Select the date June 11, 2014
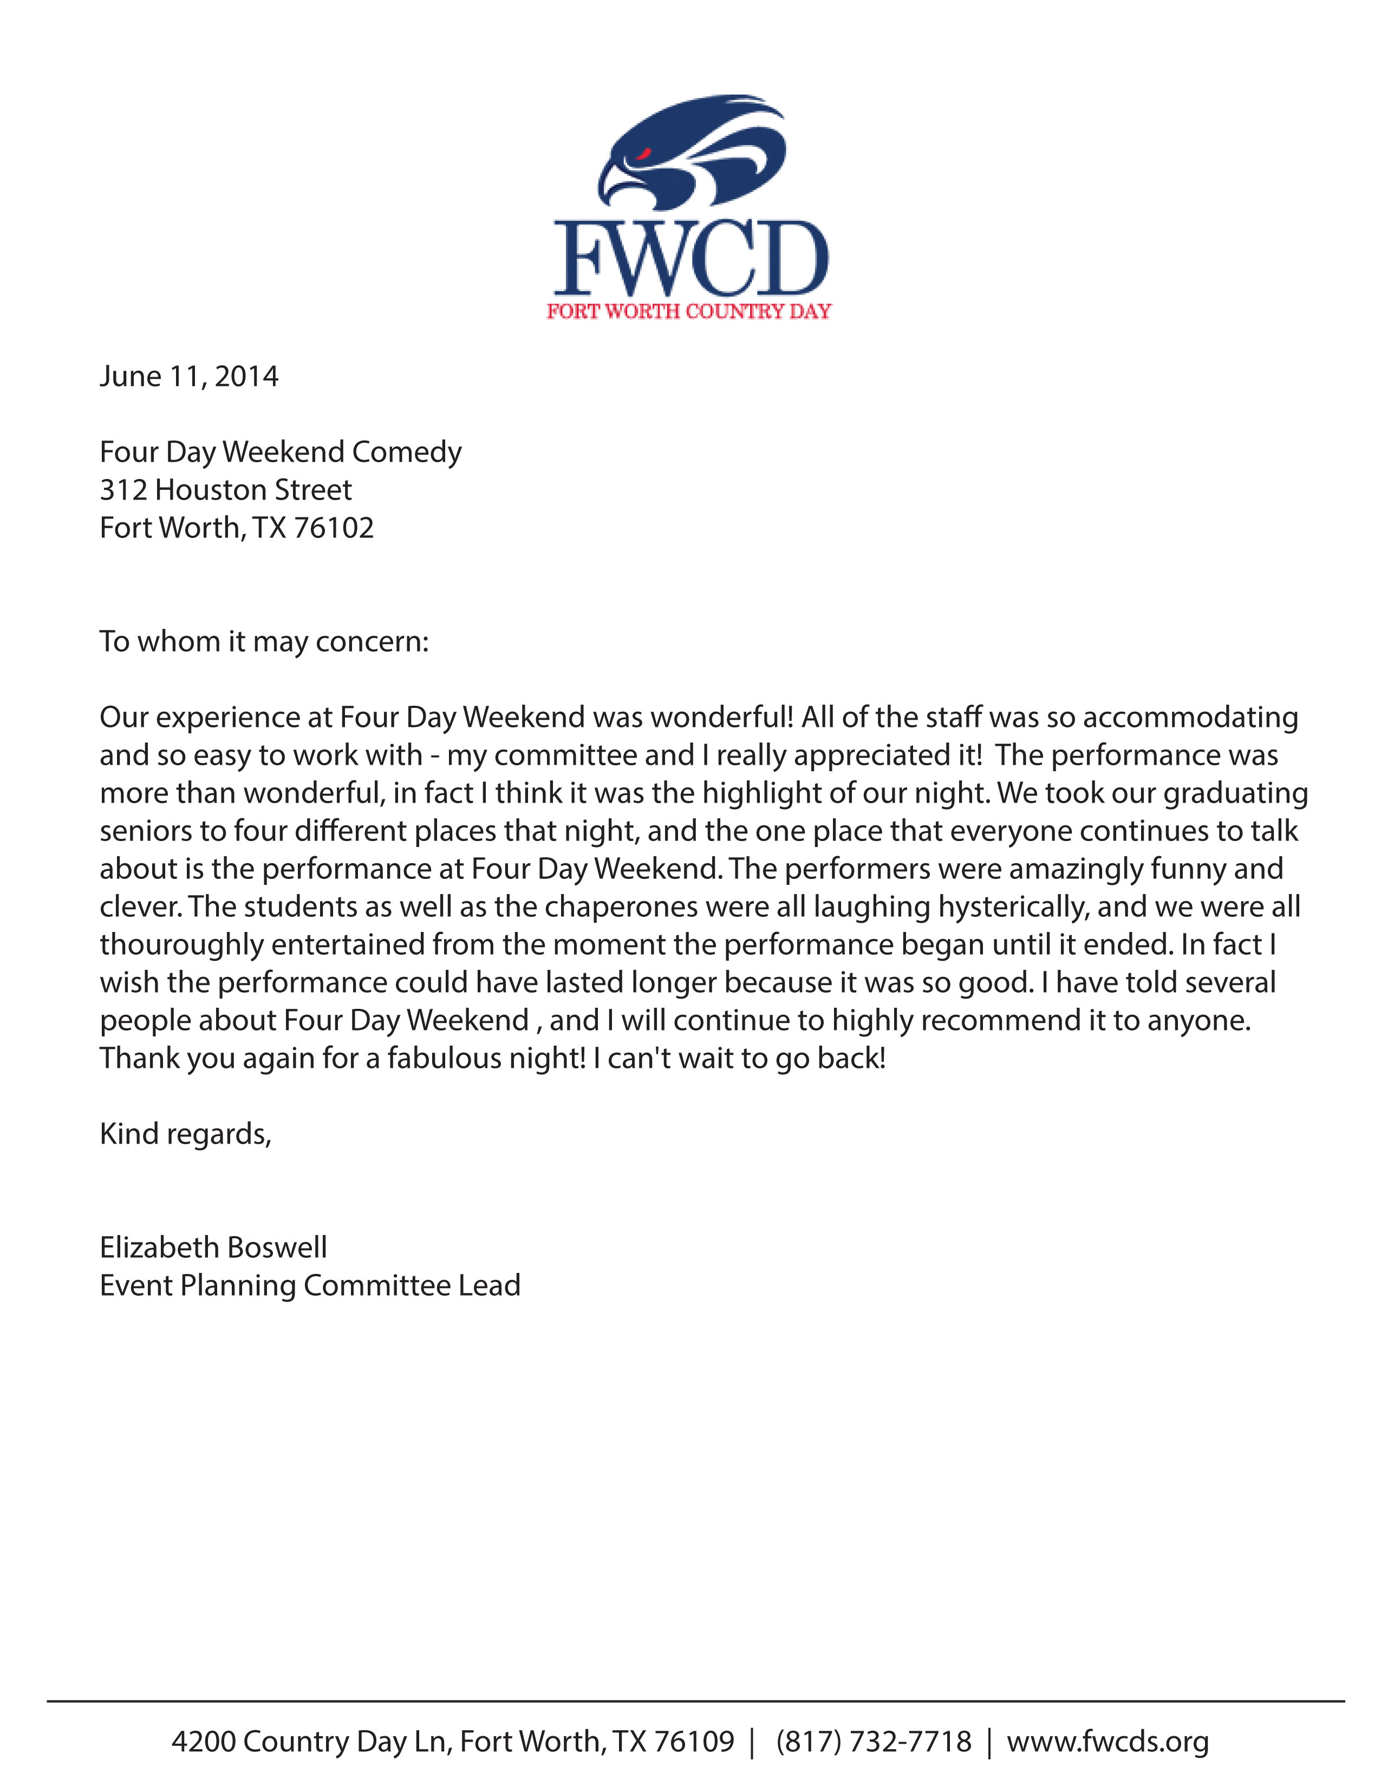click(x=189, y=376)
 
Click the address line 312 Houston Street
click(x=226, y=490)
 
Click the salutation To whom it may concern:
click(x=264, y=641)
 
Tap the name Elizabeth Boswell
click(x=213, y=1247)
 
